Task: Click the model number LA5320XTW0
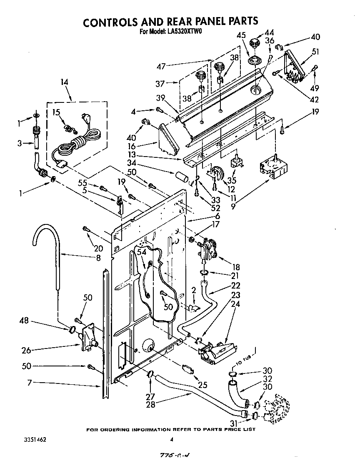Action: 183,31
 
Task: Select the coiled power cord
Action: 77,144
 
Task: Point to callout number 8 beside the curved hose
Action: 98,258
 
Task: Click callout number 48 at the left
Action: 25,321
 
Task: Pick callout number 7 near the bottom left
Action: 30,382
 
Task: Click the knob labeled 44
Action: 255,43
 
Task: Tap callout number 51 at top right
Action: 315,52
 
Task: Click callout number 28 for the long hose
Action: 151,404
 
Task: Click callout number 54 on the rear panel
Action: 142,252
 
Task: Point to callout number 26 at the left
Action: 26,351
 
